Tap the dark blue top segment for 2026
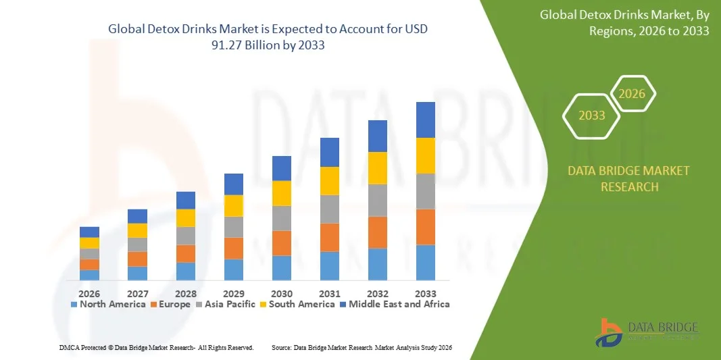coord(89,232)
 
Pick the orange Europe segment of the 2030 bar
coord(282,243)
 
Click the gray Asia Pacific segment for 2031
coord(329,209)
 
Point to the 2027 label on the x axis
coord(137,294)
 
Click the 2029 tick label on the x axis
coord(233,294)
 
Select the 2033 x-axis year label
coord(425,294)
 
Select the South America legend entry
coord(297,305)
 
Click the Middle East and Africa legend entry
coord(394,305)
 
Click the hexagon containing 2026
coord(632,94)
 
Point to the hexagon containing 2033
coord(592,115)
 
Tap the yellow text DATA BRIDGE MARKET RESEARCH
coord(628,178)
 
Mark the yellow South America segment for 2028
coord(185,218)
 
